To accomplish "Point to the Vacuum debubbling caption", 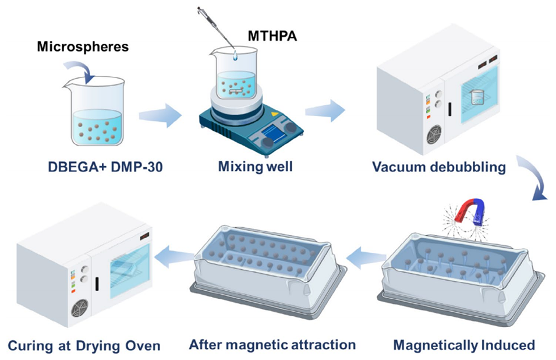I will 439,168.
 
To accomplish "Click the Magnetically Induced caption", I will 464,345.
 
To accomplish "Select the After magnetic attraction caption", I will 272,344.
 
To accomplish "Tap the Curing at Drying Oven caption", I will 84,346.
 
